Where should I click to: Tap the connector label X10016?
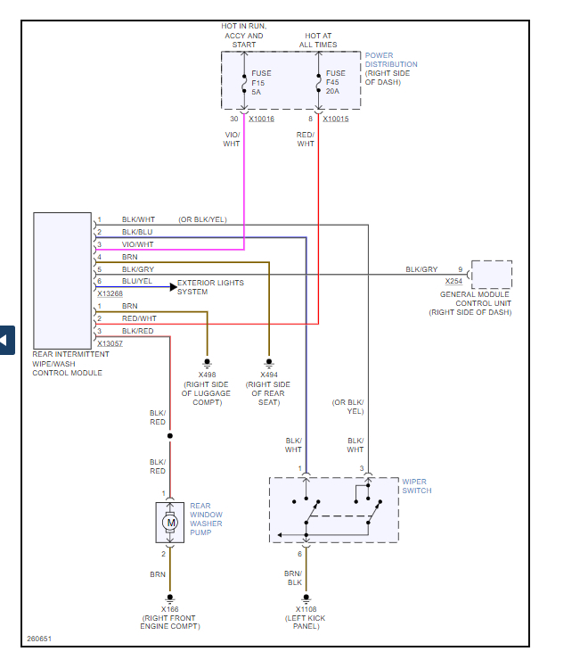point(262,119)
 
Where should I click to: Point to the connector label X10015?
point(336,119)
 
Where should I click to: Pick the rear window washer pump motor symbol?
point(170,521)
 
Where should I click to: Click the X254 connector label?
point(453,281)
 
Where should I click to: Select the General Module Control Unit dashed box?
point(491,274)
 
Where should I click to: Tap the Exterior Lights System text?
point(210,287)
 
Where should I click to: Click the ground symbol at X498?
point(207,362)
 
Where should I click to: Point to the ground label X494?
point(268,375)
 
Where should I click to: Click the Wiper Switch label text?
point(416,486)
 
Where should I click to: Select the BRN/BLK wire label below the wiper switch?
point(293,578)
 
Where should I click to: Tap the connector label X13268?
point(110,292)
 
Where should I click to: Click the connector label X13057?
point(110,342)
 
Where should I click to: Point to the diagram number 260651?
point(39,639)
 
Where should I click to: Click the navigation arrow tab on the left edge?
point(6,340)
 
